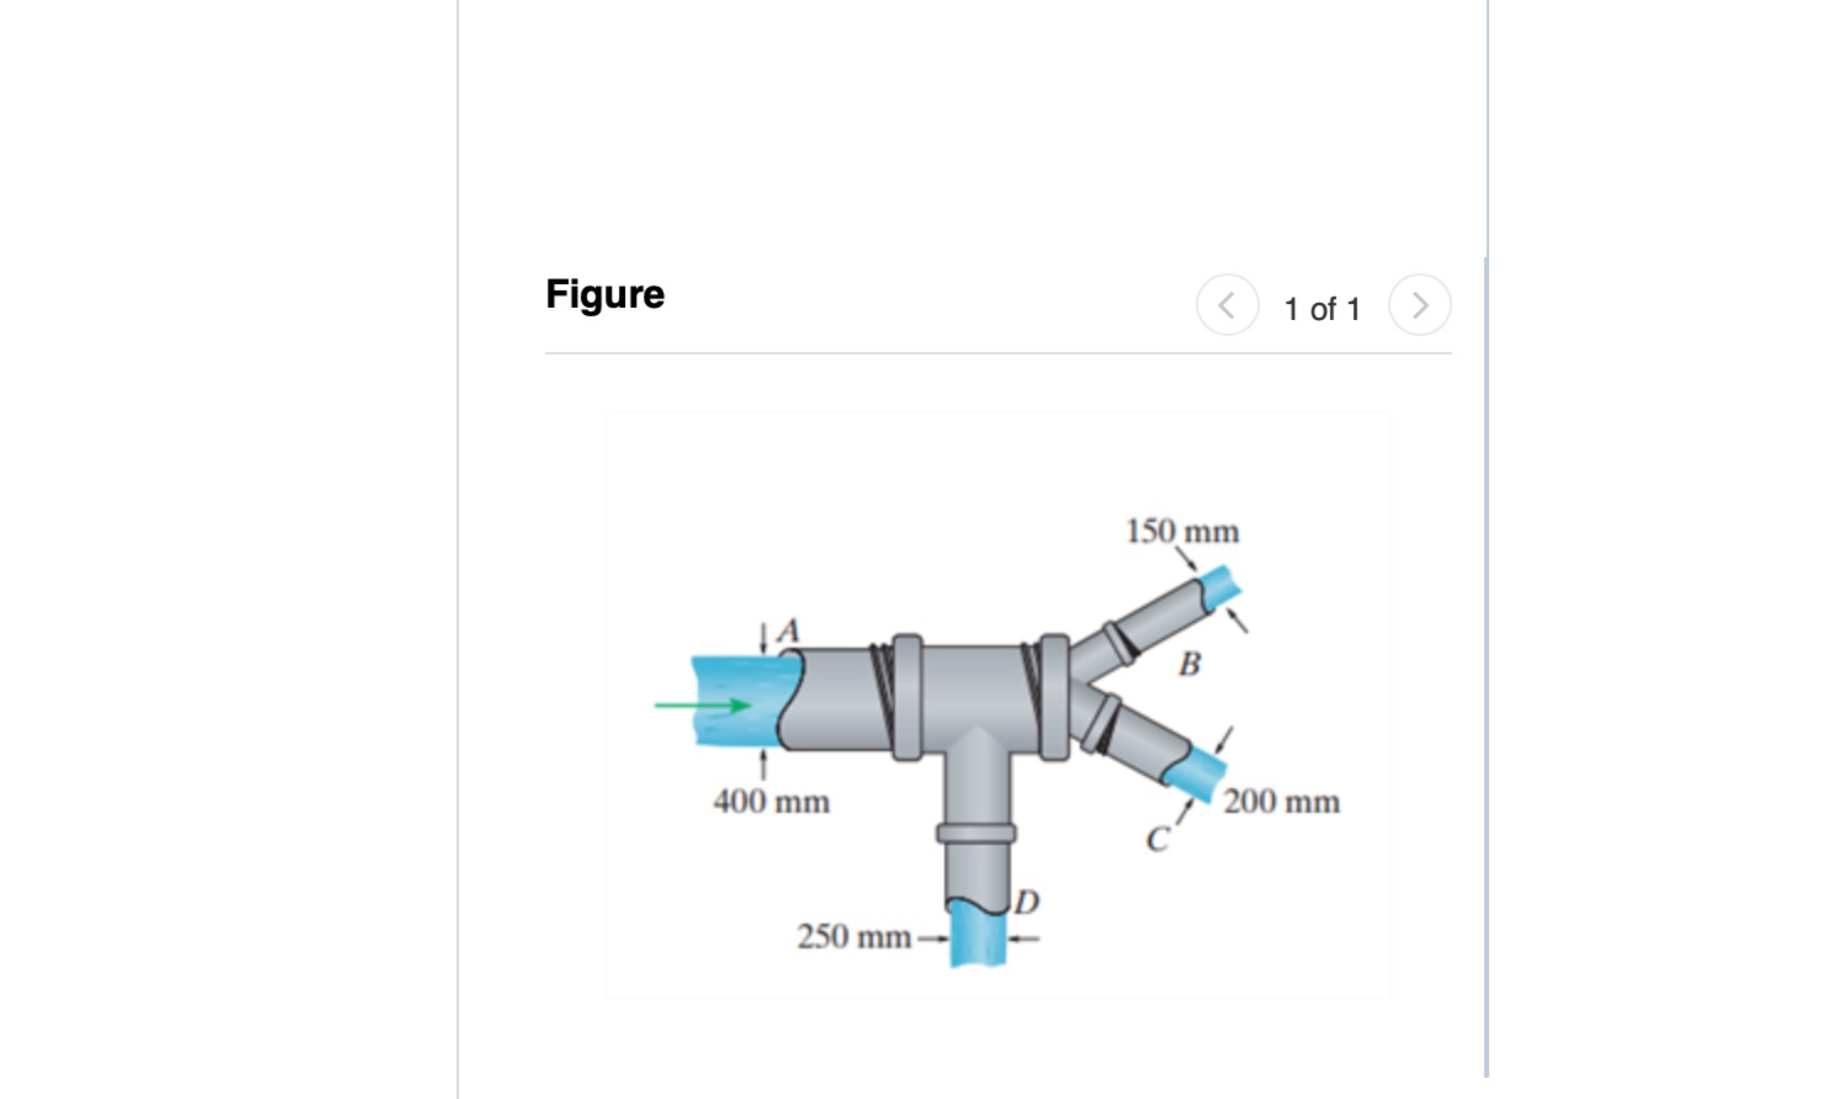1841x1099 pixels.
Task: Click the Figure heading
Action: click(604, 294)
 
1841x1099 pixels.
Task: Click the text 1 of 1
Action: click(1322, 309)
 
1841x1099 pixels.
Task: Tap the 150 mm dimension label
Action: click(1182, 532)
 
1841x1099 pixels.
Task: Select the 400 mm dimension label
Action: click(771, 802)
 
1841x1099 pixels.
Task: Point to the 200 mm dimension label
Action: click(1281, 802)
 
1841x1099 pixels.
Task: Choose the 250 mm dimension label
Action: click(854, 937)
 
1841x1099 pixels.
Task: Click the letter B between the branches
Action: click(1189, 664)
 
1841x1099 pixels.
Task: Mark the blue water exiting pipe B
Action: click(1221, 585)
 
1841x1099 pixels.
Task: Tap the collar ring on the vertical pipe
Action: click(976, 833)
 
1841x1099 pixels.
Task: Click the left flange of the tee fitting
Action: click(907, 697)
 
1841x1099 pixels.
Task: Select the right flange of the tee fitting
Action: click(1055, 697)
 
